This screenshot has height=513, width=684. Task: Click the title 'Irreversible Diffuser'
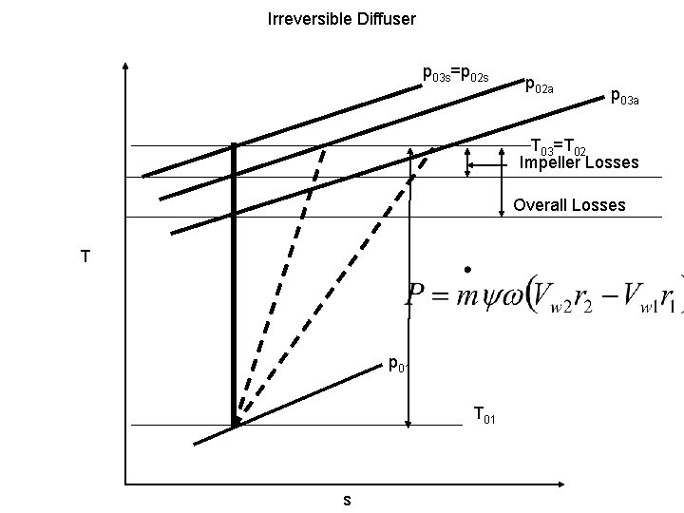(x=342, y=18)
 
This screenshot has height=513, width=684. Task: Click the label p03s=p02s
(x=456, y=74)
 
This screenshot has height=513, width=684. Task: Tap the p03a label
(x=624, y=96)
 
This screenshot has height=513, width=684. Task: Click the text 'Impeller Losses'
(x=579, y=163)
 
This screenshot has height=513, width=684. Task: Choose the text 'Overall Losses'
(x=569, y=205)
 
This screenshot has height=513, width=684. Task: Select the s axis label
(x=347, y=500)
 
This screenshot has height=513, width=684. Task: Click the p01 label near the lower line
(x=397, y=363)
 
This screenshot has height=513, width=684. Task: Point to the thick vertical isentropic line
(x=234, y=285)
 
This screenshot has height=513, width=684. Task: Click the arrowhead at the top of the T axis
(x=125, y=69)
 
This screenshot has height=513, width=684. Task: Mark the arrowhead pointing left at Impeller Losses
(x=479, y=163)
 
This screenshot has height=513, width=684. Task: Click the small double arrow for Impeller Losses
(x=467, y=161)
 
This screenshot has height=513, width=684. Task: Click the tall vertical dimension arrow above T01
(x=409, y=285)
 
